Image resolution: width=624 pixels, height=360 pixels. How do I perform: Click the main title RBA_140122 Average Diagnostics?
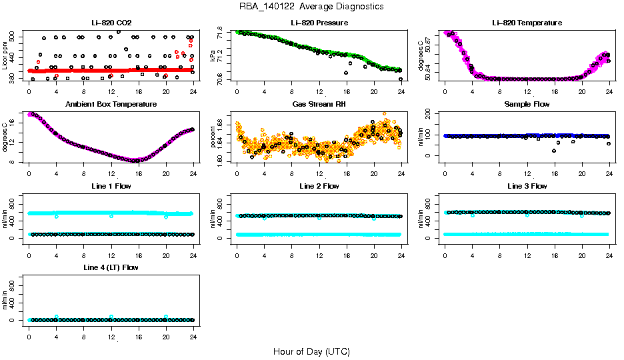coord(311,7)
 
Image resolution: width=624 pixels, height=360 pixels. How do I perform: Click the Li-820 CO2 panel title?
coord(111,23)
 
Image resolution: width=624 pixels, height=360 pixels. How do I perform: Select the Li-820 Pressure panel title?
coord(319,23)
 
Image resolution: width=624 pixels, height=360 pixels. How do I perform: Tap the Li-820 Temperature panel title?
coord(527,23)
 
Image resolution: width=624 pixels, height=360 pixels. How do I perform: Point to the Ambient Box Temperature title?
coord(111,104)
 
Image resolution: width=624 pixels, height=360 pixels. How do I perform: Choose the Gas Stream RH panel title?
coord(319,104)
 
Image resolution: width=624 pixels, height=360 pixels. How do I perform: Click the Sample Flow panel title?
coord(527,104)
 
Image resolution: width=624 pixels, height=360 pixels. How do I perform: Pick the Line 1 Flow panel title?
coord(111,186)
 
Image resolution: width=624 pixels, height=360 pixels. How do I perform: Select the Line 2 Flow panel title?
coord(319,186)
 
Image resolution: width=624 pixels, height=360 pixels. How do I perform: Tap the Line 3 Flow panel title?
coord(527,186)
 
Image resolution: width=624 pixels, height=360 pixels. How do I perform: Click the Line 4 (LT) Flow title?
coord(111,267)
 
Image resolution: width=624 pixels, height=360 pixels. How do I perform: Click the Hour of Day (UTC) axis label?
coord(311,351)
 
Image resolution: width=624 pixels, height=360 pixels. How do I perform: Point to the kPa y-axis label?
coord(213,56)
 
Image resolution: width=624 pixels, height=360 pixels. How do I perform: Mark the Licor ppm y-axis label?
coord(5,56)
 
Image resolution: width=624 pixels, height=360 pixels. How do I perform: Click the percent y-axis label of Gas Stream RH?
coord(213,137)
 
